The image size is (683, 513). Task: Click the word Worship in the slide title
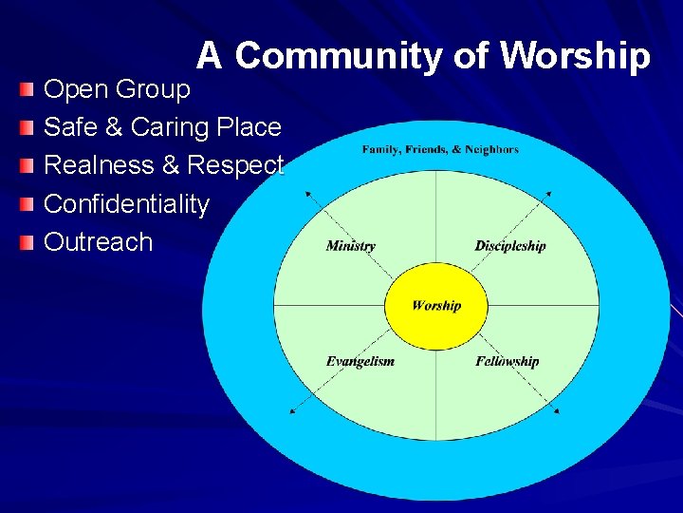pos(575,57)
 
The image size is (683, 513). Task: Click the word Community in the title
pos(339,57)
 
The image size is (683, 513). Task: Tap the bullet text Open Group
pos(117,89)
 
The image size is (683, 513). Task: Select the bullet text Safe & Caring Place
pos(162,127)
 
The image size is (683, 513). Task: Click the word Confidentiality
pos(126,203)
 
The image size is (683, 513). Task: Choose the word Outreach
pos(98,241)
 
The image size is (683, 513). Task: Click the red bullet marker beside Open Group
pos(28,90)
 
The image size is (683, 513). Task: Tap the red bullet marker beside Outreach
pos(28,242)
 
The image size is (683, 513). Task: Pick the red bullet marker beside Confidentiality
pos(28,204)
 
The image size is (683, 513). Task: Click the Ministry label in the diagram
pos(350,246)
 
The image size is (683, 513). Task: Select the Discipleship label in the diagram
pos(510,246)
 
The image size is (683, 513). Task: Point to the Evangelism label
pos(360,361)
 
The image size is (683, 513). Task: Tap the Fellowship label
pos(507,361)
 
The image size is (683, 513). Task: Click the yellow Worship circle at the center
pos(436,306)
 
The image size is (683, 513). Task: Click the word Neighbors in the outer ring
pos(491,149)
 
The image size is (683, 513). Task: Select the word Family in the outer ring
pos(381,149)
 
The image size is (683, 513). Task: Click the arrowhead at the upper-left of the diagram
pos(306,193)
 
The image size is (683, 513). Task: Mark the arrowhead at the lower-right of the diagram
pos(557,411)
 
